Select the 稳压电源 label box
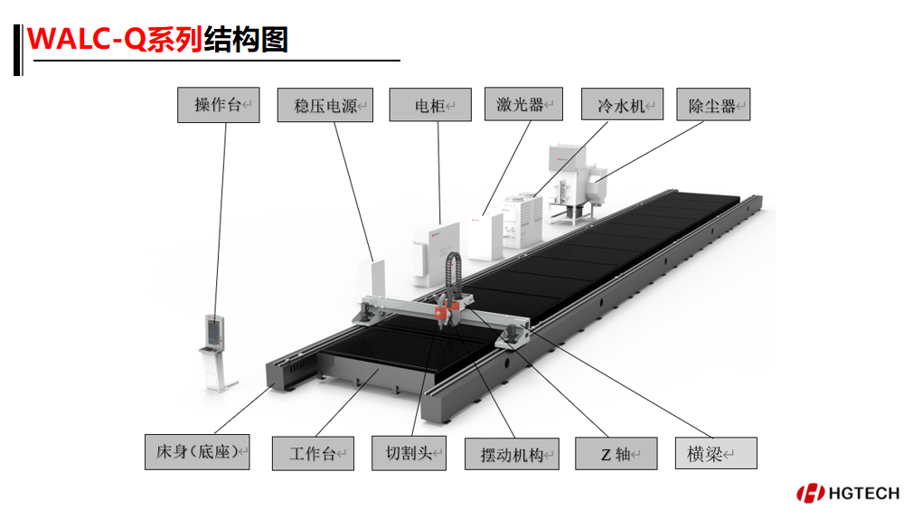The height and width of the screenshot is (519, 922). tap(325, 106)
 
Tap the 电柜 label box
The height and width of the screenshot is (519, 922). tap(430, 105)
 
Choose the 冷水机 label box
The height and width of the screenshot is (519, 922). tap(622, 105)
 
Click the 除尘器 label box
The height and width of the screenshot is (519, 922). tap(713, 105)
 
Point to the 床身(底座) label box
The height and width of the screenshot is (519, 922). tap(196, 451)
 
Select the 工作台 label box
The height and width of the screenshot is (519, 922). tap(312, 452)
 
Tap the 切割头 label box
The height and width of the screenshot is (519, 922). tap(409, 452)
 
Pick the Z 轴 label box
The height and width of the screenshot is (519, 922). tap(616, 453)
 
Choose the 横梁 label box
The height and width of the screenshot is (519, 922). tap(716, 453)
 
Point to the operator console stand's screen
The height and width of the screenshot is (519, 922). tap(215, 330)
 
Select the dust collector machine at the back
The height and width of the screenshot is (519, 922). tap(576, 181)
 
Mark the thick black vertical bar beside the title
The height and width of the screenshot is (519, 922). tap(18, 51)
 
